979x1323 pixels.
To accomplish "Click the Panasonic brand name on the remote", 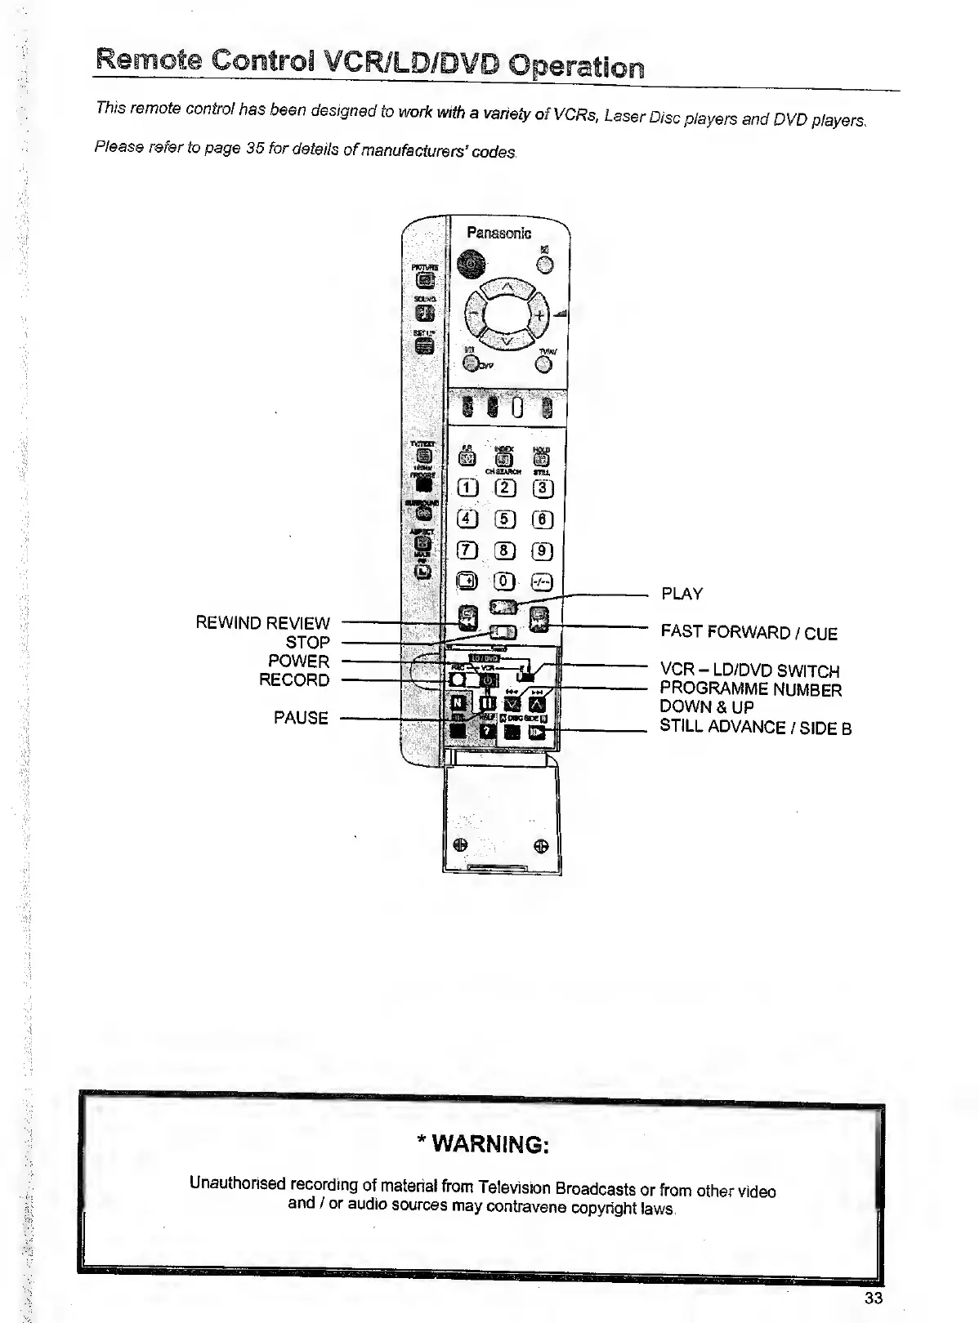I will [498, 233].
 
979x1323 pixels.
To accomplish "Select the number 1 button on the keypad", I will [467, 488].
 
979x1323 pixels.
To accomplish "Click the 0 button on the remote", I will [505, 581].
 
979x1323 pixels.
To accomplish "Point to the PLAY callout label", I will [682, 594].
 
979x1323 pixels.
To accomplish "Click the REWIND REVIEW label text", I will [262, 623].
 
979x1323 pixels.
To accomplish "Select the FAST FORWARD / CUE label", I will [749, 633].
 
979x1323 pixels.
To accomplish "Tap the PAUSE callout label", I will [301, 718].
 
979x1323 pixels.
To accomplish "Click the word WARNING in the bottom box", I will [489, 1144].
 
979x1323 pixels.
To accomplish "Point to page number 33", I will [873, 1298].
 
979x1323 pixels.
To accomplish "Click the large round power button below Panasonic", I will [470, 263].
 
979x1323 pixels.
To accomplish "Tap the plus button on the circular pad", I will [540, 316].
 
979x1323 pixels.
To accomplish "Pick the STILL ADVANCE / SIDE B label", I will [755, 727].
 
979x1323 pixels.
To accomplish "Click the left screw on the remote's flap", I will [461, 845].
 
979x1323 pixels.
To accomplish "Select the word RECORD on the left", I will [294, 679].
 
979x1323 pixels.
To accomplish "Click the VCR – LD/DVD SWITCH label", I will [749, 671].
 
